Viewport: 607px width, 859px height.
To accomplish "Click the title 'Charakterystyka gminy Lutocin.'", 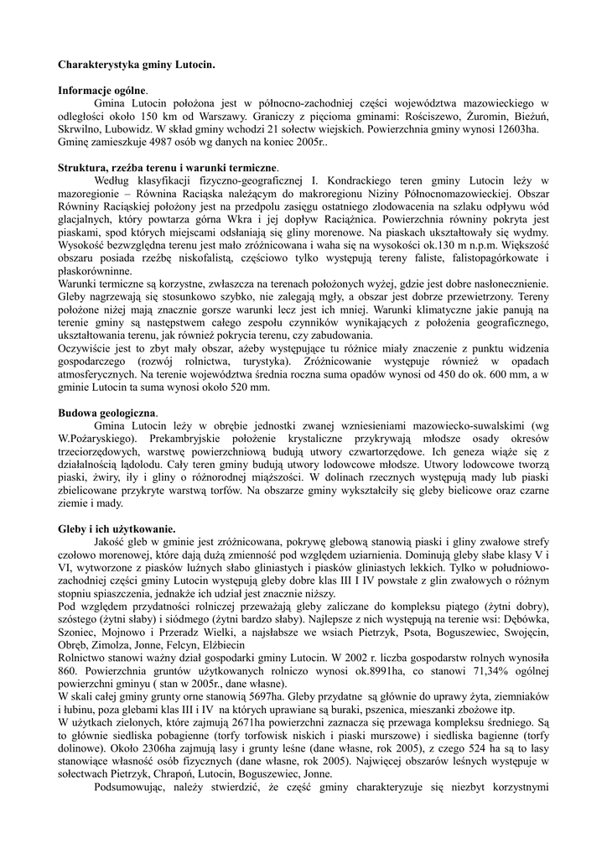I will point(136,64).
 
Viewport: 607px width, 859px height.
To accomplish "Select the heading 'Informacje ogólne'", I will point(102,90).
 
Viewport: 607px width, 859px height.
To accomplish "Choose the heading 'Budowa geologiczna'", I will point(106,414).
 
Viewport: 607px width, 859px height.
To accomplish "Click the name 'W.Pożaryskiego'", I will point(97,440).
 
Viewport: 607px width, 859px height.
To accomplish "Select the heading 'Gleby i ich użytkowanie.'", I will point(117,529).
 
